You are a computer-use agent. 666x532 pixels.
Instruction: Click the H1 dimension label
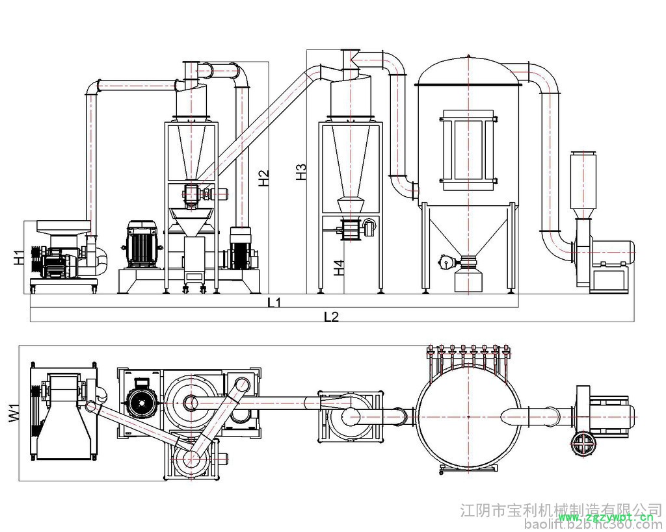tap(18, 257)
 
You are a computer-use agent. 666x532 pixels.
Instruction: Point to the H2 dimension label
tap(263, 178)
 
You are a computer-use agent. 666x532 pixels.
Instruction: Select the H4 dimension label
tap(338, 268)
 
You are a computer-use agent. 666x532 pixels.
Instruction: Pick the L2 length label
tap(331, 316)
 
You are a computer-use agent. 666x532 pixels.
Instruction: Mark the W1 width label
tap(13, 413)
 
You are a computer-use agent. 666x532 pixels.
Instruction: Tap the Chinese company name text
tap(561, 507)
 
